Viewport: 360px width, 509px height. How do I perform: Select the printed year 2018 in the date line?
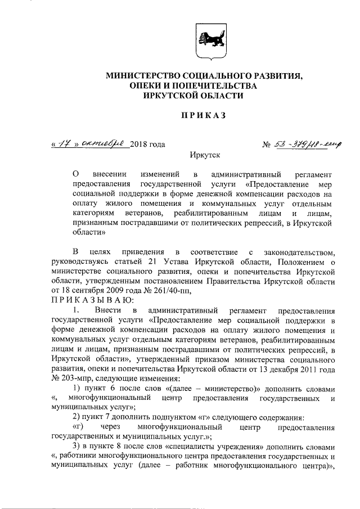click(138, 144)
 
